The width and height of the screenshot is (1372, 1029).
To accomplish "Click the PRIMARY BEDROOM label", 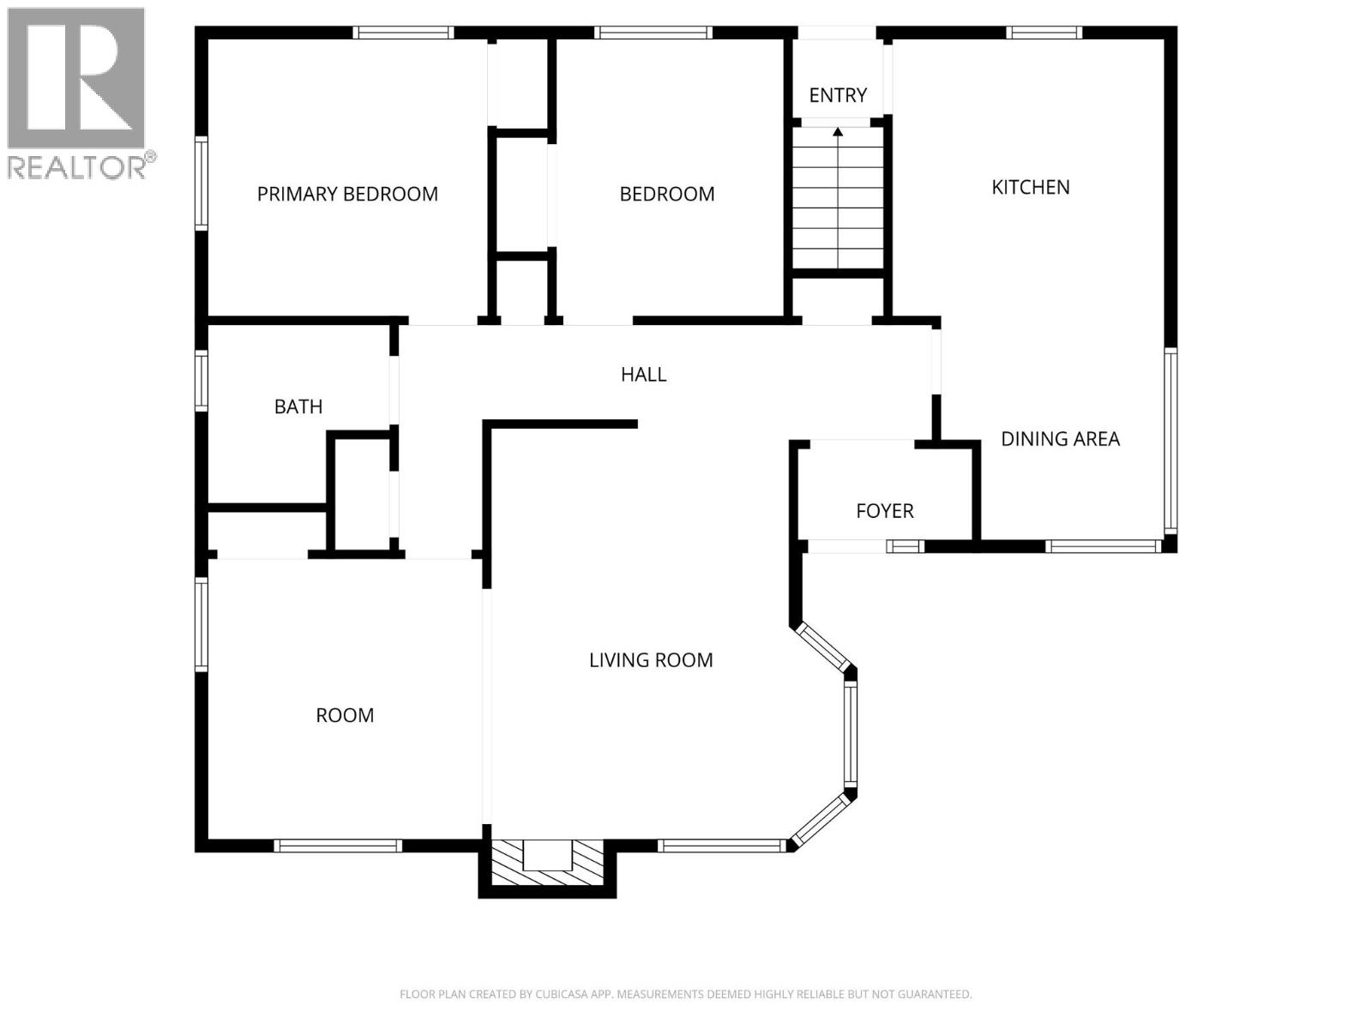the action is [347, 195].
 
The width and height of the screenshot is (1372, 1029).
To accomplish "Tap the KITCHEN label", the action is [1030, 188].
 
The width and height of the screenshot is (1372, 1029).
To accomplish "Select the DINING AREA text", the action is [1060, 439].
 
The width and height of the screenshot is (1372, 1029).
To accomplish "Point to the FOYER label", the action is [884, 511].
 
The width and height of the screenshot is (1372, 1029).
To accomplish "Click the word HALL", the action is [643, 374].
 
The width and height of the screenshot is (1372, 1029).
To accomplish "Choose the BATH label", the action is [298, 406].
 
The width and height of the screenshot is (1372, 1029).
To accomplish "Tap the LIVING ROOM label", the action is [651, 660].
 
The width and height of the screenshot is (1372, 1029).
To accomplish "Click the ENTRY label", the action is [838, 95].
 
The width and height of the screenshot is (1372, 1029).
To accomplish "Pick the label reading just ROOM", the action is [345, 715].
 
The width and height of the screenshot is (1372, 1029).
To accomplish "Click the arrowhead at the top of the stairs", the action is [838, 132].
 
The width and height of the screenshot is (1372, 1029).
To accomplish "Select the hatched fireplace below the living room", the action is [547, 862].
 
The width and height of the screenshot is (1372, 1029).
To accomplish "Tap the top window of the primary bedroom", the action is [403, 33].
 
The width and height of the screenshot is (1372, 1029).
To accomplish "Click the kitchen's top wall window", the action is [1044, 33].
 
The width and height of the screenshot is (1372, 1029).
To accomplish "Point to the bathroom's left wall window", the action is [201, 381].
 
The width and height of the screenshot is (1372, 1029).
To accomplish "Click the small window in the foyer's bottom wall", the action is [905, 547].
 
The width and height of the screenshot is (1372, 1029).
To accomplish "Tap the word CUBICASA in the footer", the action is [561, 994].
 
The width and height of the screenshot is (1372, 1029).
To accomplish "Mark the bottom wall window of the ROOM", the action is [338, 846].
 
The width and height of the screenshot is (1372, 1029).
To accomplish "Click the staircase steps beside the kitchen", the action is [838, 197].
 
